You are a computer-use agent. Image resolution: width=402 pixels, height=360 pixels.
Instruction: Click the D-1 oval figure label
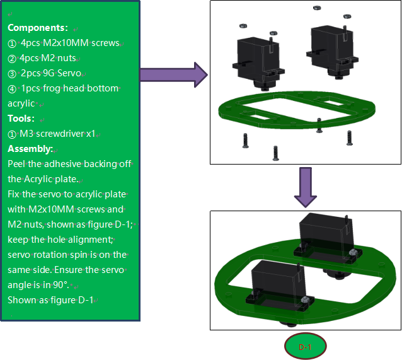[x=305, y=346]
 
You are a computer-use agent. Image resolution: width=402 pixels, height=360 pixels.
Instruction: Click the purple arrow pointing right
[x=174, y=74]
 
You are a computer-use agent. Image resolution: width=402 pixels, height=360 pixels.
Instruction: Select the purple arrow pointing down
[x=306, y=187]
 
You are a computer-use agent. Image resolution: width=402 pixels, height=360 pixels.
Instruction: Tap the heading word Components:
[x=38, y=28]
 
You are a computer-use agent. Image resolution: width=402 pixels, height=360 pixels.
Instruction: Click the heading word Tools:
[x=21, y=119]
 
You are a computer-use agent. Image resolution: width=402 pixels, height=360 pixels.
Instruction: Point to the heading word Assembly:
[x=30, y=149]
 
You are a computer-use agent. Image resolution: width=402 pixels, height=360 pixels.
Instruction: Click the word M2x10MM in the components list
[x=66, y=43]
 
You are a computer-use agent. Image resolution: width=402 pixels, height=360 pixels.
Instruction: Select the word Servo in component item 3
[x=69, y=73]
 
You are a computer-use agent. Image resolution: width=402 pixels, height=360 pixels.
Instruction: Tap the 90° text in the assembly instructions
[x=61, y=285]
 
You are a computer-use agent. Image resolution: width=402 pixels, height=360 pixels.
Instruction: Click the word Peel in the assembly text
[x=16, y=164]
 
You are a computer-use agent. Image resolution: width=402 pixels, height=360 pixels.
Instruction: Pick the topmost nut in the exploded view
[x=317, y=8]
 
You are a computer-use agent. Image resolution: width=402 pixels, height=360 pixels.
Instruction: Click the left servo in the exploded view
[x=258, y=64]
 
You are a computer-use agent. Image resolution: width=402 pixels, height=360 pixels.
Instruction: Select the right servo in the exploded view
[x=332, y=52]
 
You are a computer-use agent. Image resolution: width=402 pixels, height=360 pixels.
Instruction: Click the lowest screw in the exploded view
[x=275, y=153]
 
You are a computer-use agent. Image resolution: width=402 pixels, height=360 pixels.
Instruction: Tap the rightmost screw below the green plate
[x=350, y=138]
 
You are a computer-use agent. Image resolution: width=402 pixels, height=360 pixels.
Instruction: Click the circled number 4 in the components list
[x=12, y=90]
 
